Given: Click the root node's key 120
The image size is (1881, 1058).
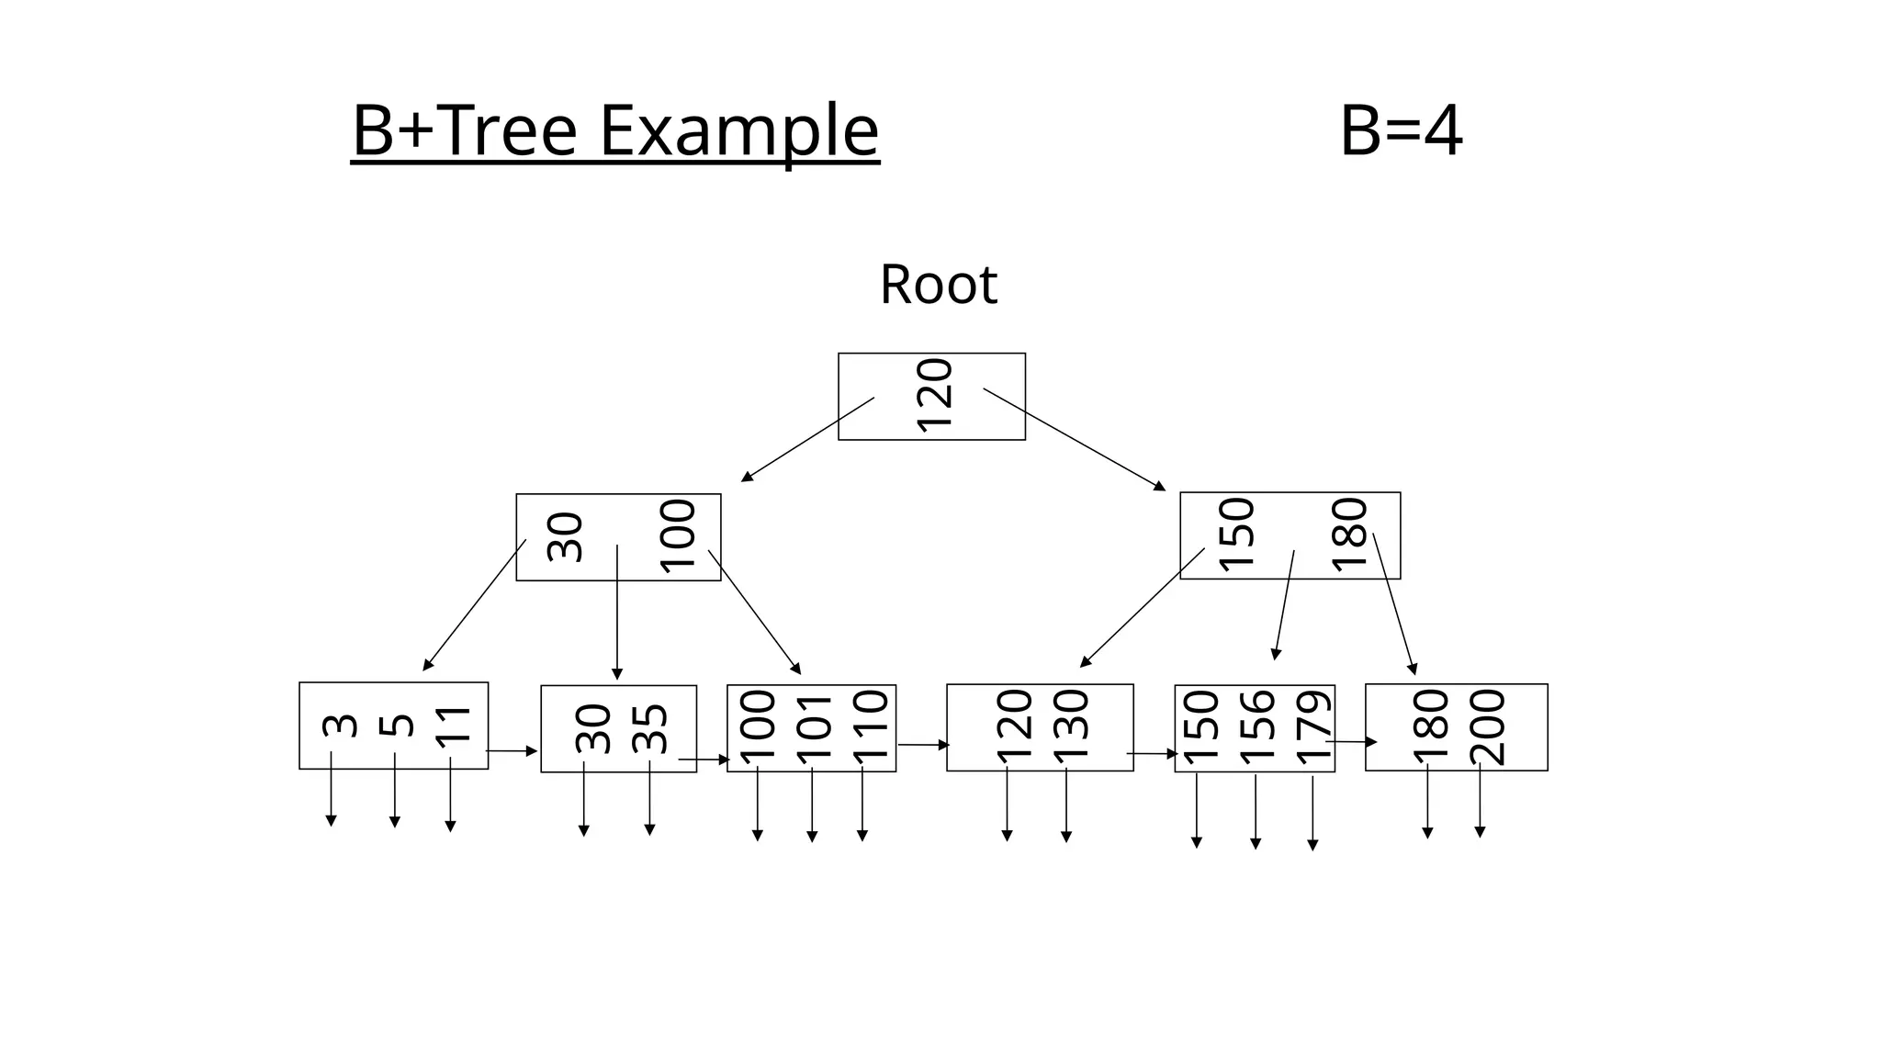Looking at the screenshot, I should pos(934,395).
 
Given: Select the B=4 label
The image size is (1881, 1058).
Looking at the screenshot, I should pos(1400,130).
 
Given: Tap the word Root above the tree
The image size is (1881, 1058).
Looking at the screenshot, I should pos(938,285).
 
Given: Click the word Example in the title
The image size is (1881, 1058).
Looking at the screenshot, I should pos(739,130).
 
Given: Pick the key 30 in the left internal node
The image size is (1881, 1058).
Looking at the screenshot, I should pos(565,537).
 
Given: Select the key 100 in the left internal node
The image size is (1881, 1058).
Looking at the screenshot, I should pos(678,537).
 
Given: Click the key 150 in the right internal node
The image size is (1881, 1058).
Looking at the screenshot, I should pos(1236,535).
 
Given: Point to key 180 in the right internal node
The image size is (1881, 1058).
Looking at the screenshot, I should pos(1349,535).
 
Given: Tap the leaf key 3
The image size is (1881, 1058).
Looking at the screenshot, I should pos(340,726).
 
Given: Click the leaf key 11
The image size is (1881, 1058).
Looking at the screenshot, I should pos(453,726).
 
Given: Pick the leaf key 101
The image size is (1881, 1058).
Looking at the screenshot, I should pos(814,728).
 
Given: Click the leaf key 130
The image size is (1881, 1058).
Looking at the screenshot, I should pos(1070,726).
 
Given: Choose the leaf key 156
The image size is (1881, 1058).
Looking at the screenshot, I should pos(1256,728).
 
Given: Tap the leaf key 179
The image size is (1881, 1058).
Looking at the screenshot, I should pos(1313,728).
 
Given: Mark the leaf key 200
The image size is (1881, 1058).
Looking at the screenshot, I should pos(1487,727).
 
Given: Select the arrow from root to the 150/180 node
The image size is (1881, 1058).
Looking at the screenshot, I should pos(1075,440).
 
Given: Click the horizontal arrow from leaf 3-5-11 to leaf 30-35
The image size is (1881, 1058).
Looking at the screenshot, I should pos(512,751).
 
